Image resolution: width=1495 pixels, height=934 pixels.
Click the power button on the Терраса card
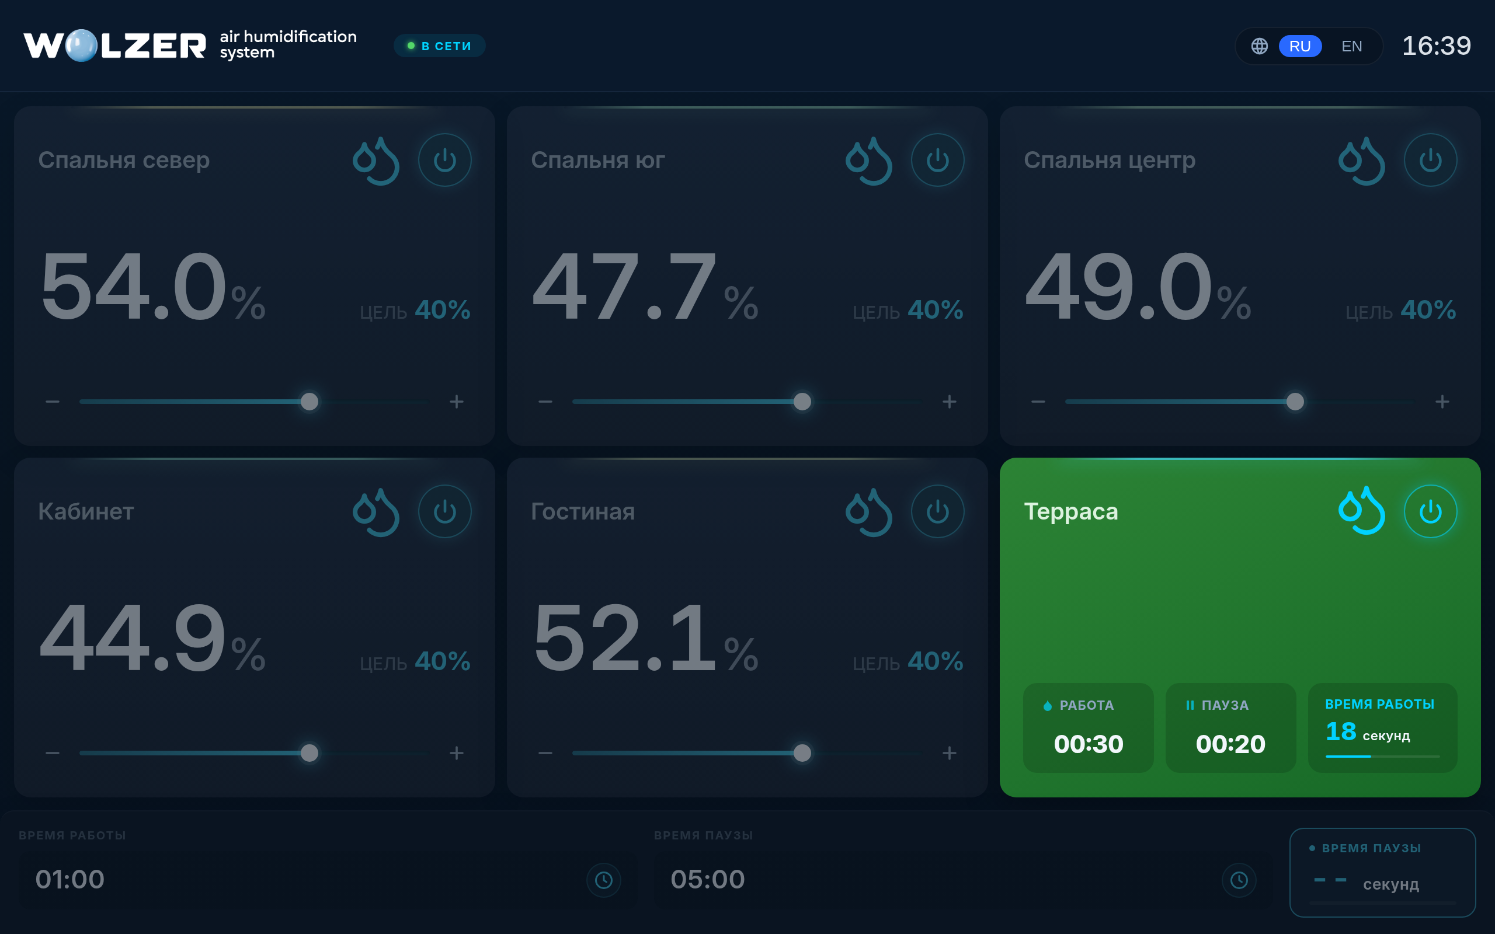(1430, 511)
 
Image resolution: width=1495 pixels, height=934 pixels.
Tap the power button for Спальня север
(445, 160)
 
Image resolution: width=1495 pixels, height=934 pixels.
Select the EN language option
(1352, 46)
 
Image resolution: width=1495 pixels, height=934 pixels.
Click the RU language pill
(1300, 46)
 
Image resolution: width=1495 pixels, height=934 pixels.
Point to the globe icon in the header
(1260, 46)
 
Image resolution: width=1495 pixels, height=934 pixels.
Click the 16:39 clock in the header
(1437, 46)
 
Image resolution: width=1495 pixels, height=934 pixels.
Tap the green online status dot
(411, 46)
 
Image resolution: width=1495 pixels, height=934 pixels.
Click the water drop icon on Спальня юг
(868, 161)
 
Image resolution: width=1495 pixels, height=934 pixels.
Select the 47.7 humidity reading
(624, 287)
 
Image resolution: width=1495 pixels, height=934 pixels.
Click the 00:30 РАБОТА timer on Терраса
(1089, 744)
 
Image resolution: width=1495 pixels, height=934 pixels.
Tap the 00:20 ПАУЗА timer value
(1230, 744)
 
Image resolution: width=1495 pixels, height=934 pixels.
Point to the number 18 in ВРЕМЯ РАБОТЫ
(1341, 731)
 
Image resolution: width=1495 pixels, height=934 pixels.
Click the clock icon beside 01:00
(604, 880)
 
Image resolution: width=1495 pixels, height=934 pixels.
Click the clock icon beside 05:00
(1239, 880)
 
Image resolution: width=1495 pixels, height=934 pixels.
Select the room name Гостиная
(583, 511)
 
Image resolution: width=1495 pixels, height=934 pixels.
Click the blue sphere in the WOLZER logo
(81, 46)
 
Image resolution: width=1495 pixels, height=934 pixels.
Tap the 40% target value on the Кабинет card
(442, 661)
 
